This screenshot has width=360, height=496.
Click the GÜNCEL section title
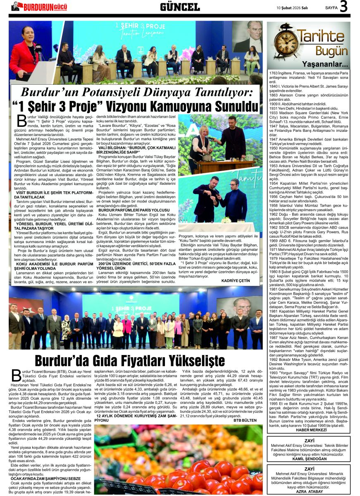click(x=180, y=7)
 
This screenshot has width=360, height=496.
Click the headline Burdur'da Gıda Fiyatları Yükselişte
click(x=129, y=360)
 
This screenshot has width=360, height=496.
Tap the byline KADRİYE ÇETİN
click(x=236, y=280)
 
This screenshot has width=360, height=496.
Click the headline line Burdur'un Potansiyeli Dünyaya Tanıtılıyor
click(x=136, y=91)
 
